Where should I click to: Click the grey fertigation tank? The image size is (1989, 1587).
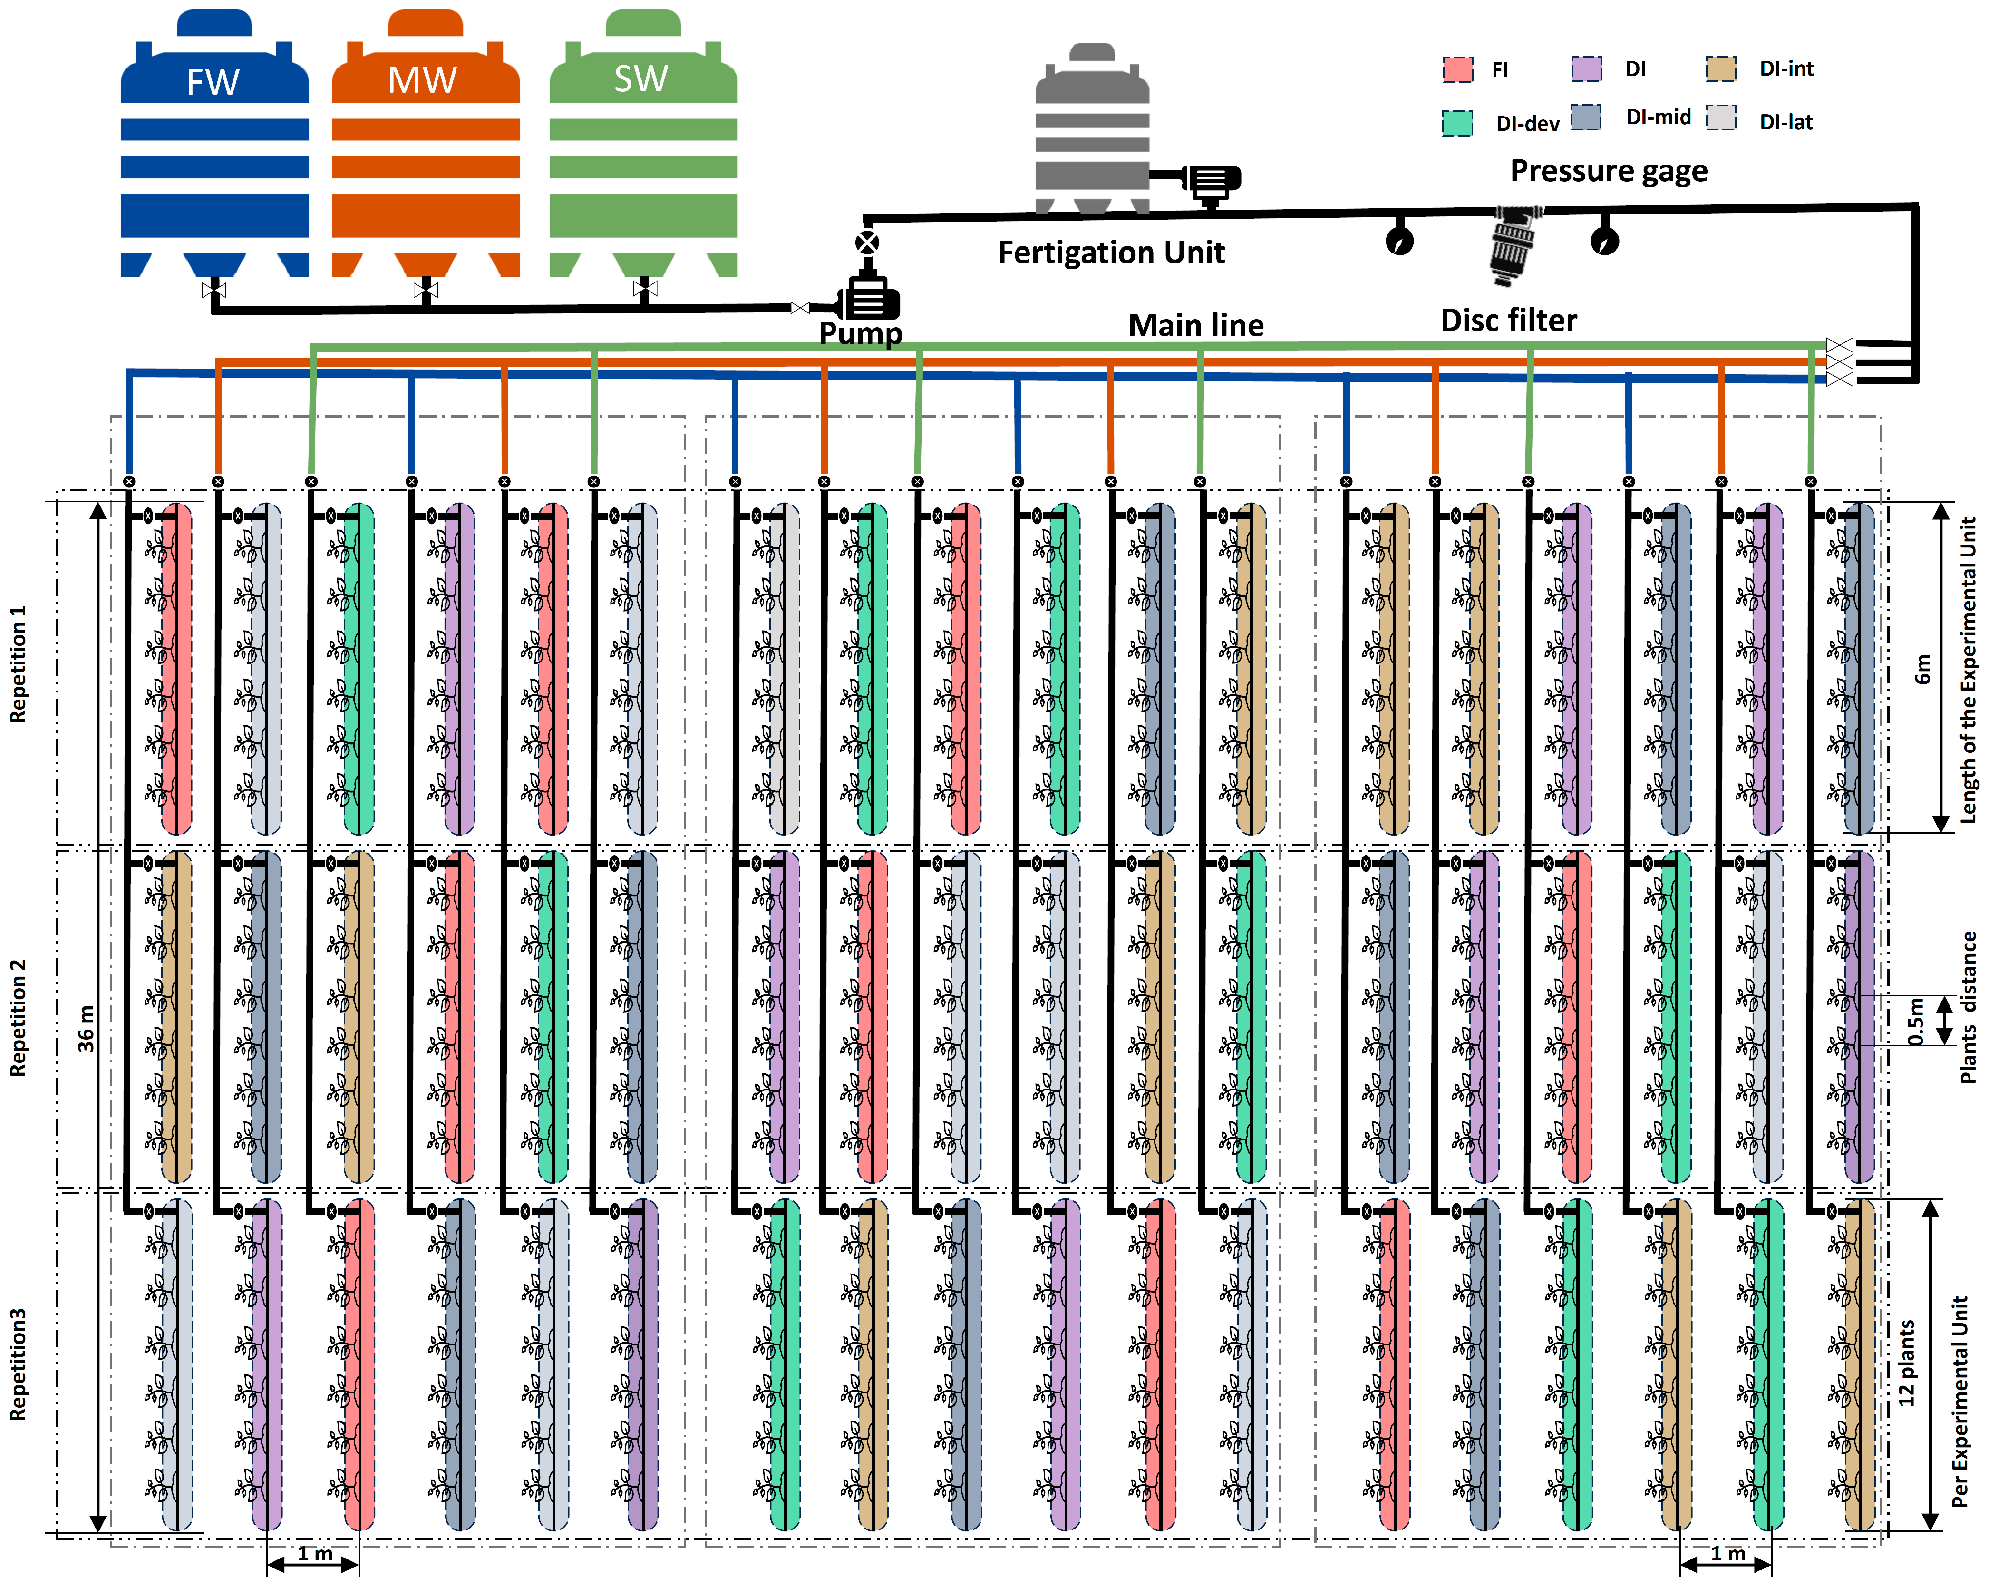1092,129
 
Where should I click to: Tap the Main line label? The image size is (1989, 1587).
1195,325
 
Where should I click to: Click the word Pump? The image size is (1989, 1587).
860,332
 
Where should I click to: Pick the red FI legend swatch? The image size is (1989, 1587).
1457,69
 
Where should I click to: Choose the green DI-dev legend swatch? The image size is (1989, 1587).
1457,123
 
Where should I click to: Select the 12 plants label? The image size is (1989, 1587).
1906,1363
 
